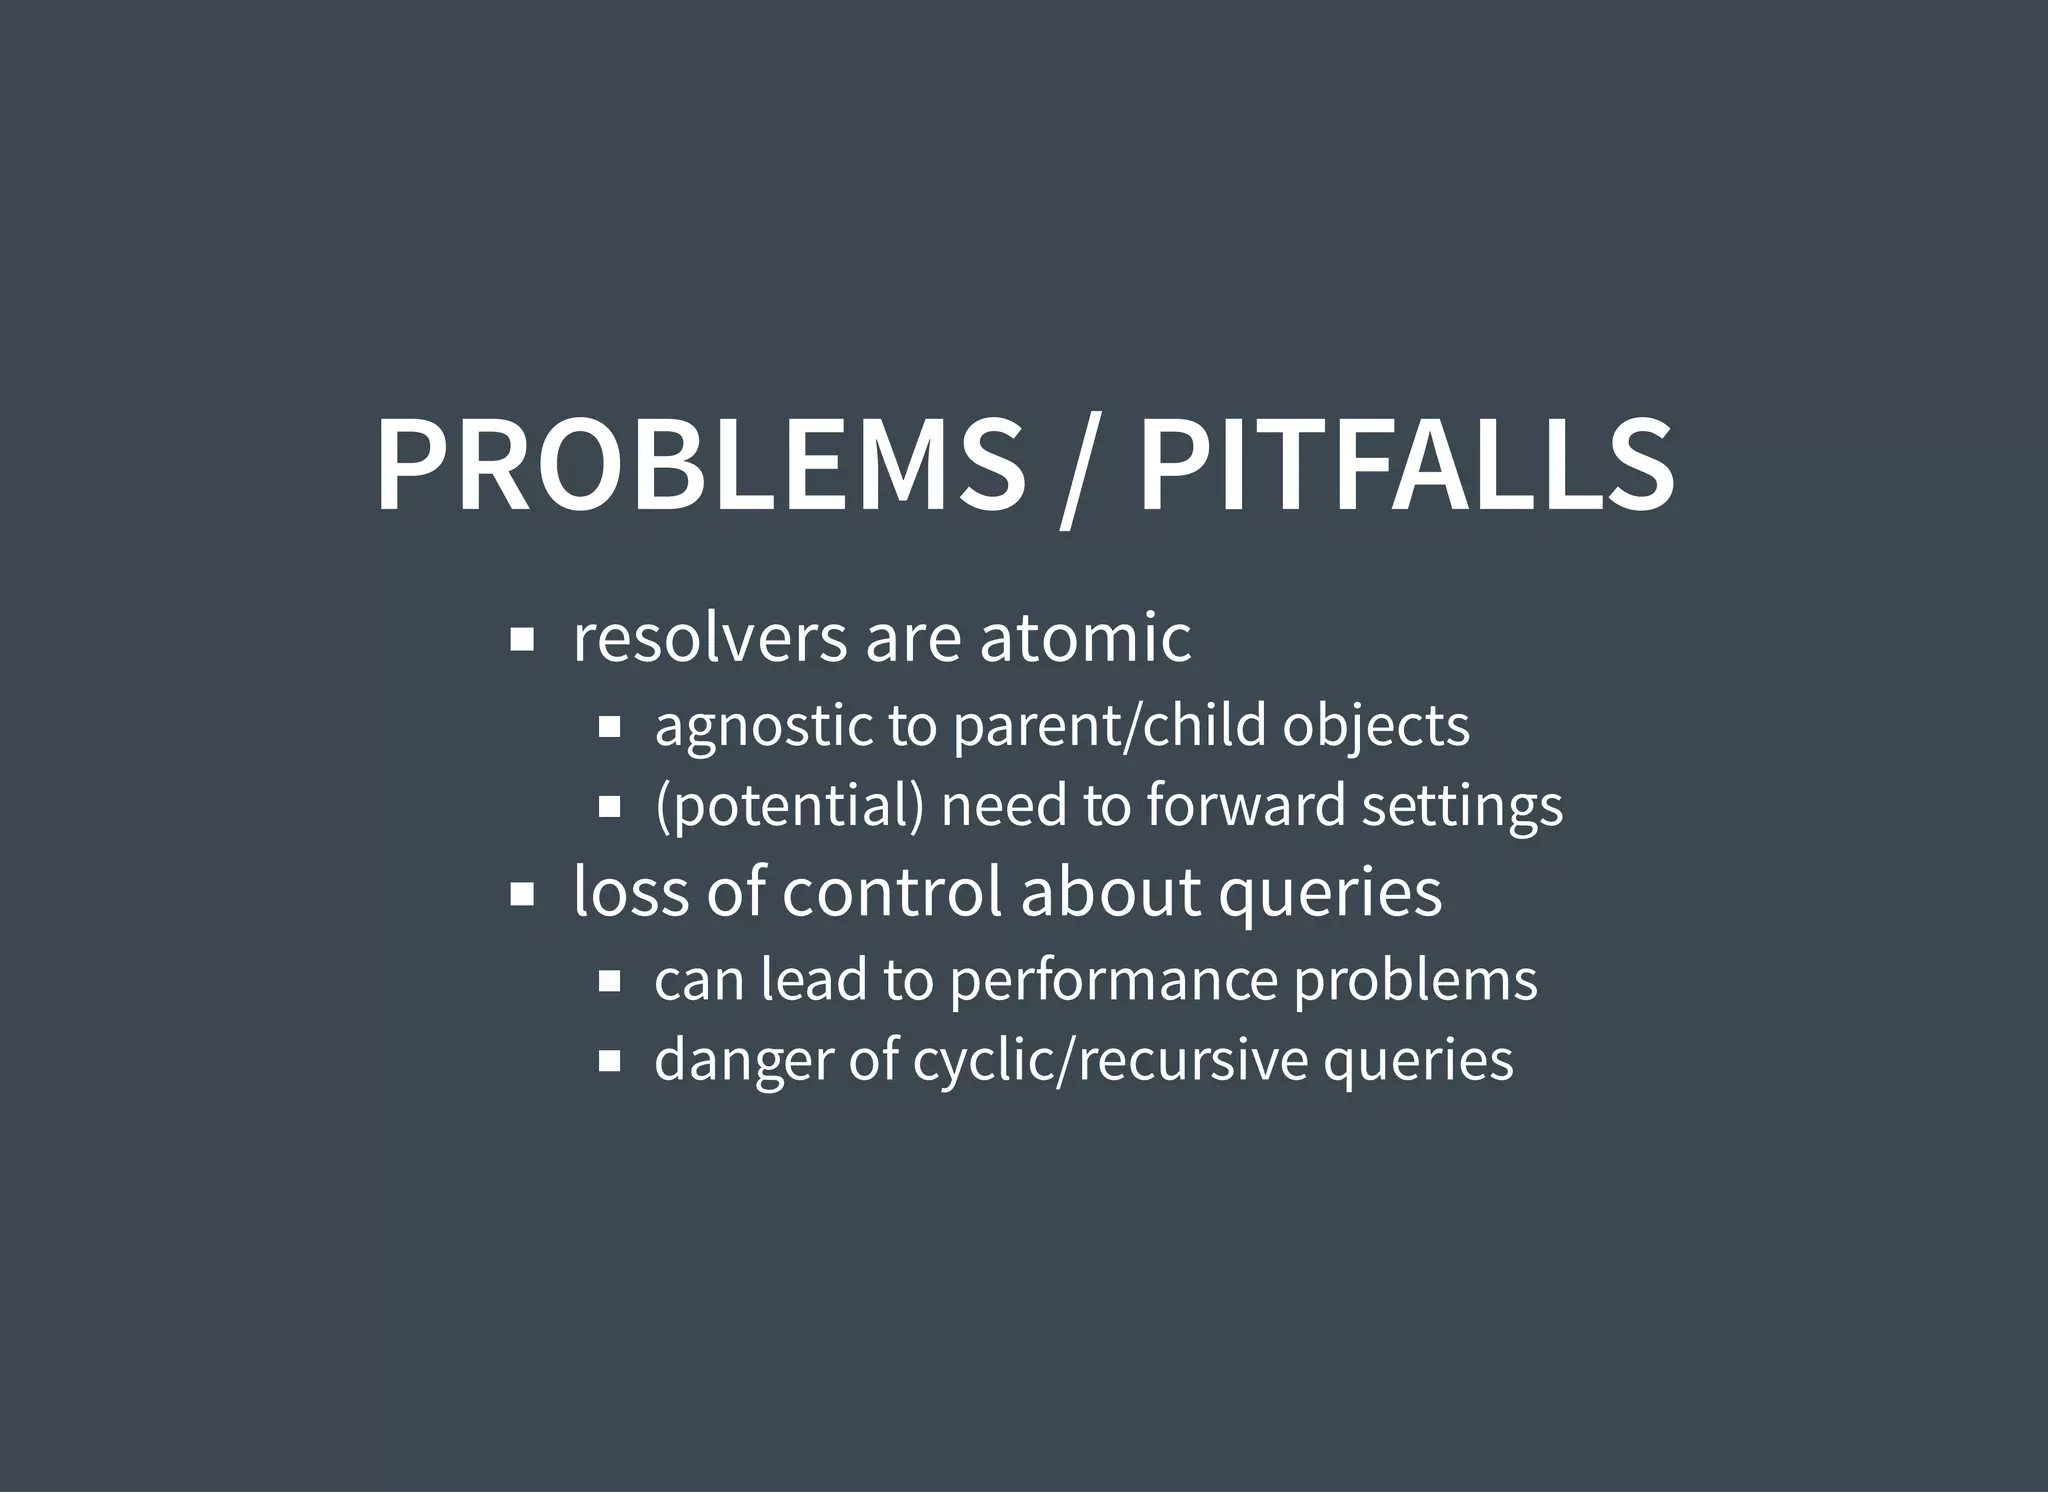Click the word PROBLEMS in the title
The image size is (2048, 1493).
(700, 465)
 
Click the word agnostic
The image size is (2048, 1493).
(762, 726)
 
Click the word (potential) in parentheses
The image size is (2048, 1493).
(789, 806)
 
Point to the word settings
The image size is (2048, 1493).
(1462, 806)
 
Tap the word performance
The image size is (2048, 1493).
(1113, 980)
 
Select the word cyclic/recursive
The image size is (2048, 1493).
(1110, 1061)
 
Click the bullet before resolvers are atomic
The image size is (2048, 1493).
(521, 640)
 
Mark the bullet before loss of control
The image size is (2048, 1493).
(521, 895)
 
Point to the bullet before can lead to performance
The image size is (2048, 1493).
(610, 981)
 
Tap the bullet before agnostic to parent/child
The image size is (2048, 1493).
(610, 727)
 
